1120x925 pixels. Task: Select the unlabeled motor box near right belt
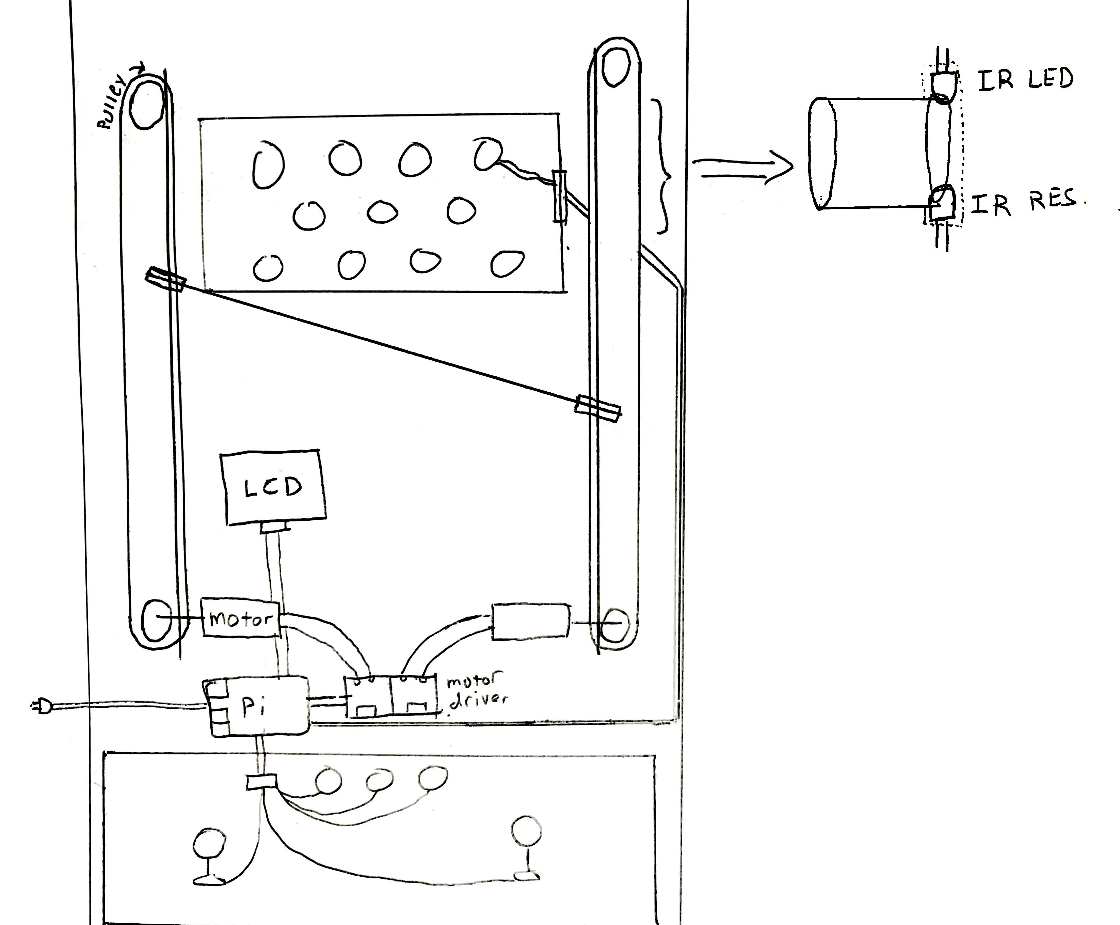530,621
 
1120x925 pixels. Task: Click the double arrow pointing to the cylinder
742,168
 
